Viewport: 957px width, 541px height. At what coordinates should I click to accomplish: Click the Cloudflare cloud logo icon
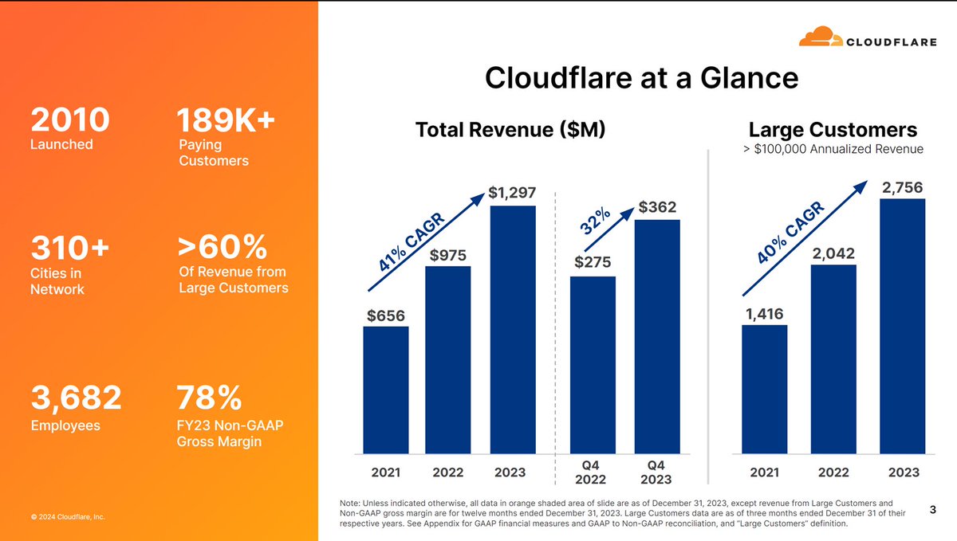coord(821,37)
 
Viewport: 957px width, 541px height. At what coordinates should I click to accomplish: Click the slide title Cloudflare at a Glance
coord(641,78)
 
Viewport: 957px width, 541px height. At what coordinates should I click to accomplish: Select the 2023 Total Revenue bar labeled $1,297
coord(513,330)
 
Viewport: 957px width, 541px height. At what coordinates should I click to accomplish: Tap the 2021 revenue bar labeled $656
coord(385,390)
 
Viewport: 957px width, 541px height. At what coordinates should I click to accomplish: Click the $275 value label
coord(593,262)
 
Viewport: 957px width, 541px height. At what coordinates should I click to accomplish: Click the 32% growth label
coord(597,221)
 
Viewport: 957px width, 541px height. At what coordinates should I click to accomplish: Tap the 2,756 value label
coord(902,188)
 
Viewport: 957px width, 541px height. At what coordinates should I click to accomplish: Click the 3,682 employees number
coord(76,398)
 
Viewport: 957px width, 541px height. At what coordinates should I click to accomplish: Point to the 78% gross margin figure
coord(208,398)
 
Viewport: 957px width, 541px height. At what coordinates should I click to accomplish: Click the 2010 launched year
coord(69,120)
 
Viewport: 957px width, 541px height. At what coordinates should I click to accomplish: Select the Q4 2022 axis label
coord(593,471)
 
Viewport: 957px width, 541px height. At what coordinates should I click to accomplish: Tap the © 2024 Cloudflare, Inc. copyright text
coord(68,517)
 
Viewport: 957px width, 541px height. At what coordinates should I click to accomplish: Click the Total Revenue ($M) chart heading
coord(510,131)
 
